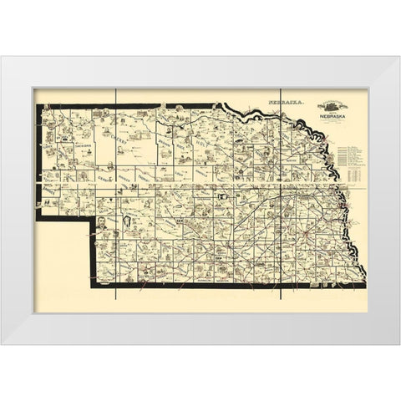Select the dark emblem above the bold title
pos(329,105)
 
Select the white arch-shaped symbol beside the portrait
pos(125,222)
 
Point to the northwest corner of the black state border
pos(36,106)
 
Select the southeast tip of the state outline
pos(363,285)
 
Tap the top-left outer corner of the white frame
pos(3,56)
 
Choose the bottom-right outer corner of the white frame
pos(398,344)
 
